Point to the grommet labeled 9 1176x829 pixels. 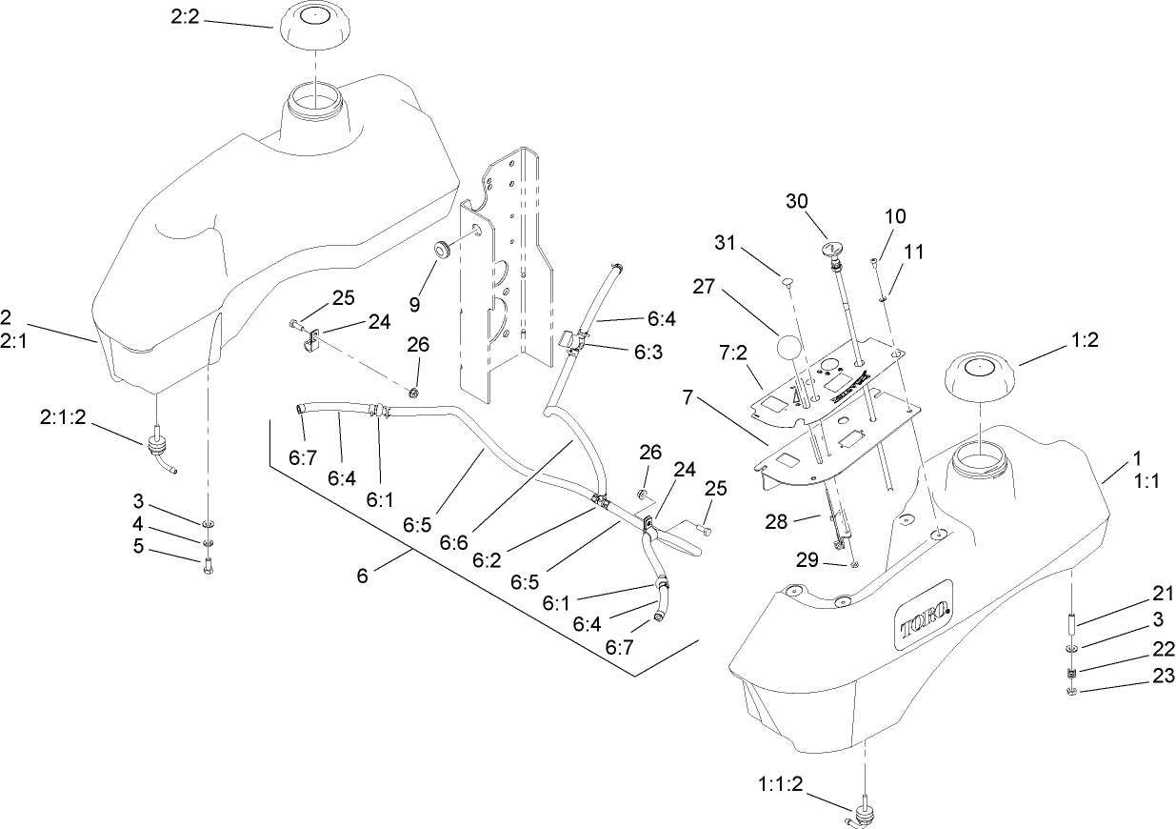[444, 251]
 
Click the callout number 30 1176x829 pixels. [798, 201]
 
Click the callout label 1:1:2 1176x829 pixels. [781, 784]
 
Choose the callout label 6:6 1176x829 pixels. [455, 540]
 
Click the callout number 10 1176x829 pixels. [895, 216]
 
